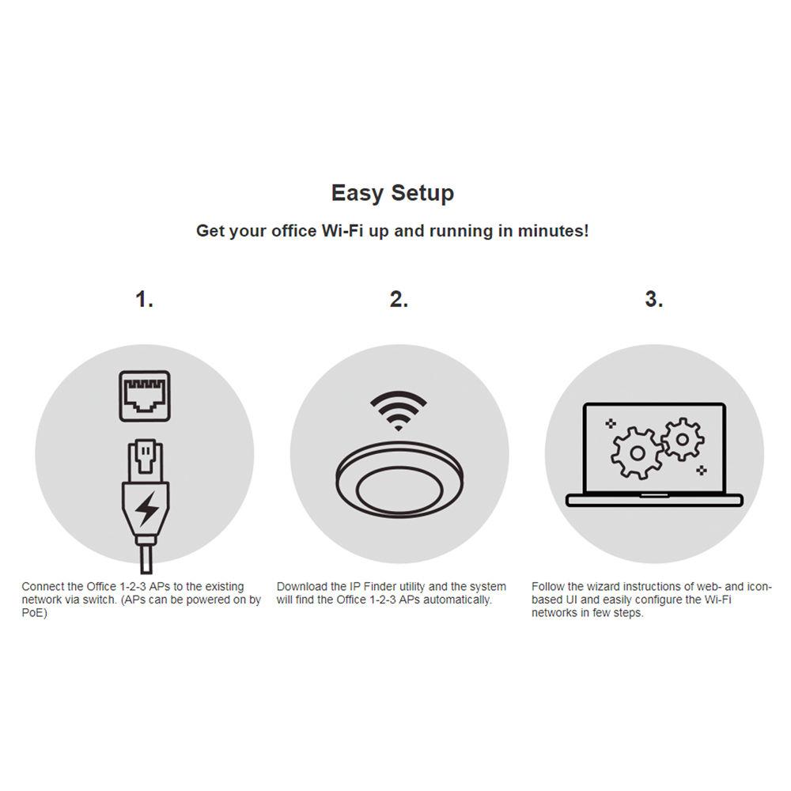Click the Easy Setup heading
(x=392, y=193)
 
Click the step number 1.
(x=144, y=300)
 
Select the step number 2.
(x=399, y=300)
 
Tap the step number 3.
(x=653, y=300)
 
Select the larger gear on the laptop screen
(x=637, y=453)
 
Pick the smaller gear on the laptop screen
(x=682, y=439)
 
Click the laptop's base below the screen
(x=654, y=500)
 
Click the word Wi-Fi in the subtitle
(x=343, y=232)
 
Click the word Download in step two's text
(x=301, y=587)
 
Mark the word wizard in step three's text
(x=602, y=587)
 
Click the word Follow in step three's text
(x=547, y=587)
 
